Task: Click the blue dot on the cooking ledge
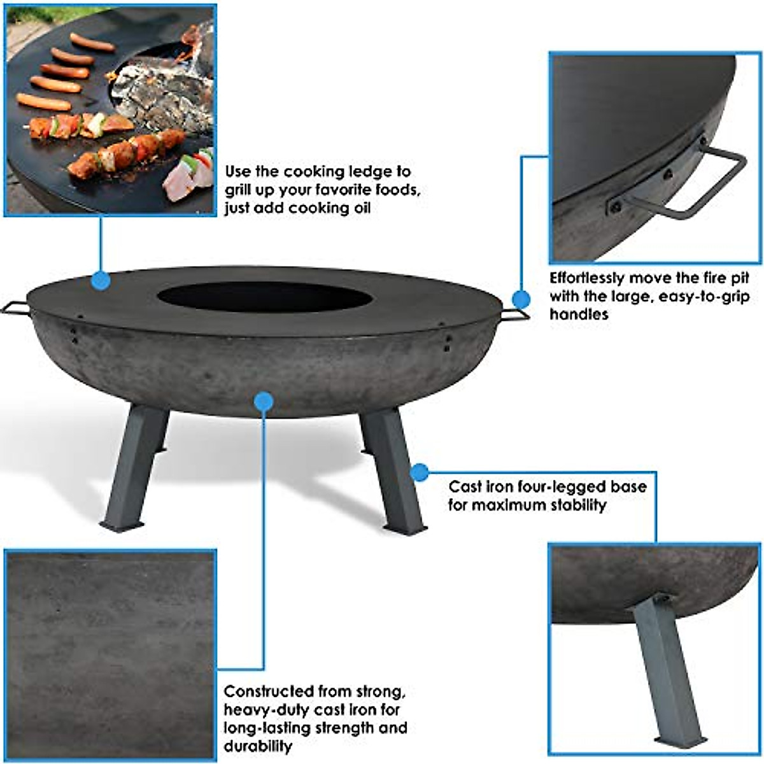(x=100, y=280)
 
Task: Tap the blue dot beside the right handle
(x=521, y=299)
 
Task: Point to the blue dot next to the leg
(x=418, y=472)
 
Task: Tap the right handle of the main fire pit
(x=514, y=315)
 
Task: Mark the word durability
(x=258, y=746)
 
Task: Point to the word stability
(x=572, y=506)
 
